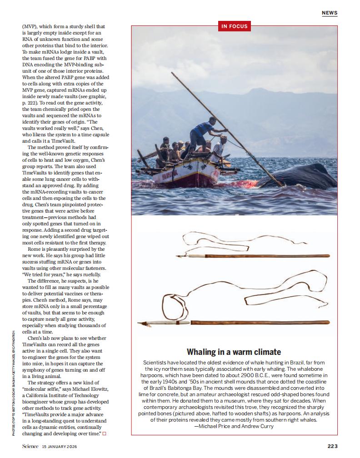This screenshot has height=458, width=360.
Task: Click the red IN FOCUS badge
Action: (x=234, y=26)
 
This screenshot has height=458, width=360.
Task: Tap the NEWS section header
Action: (x=330, y=13)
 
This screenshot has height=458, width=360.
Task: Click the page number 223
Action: (x=332, y=446)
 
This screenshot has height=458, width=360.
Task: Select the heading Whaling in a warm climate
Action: (x=234, y=352)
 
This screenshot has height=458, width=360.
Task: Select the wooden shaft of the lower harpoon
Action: (x=259, y=323)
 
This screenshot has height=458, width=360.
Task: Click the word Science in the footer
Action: (x=30, y=446)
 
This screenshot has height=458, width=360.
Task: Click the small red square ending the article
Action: (x=104, y=433)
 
